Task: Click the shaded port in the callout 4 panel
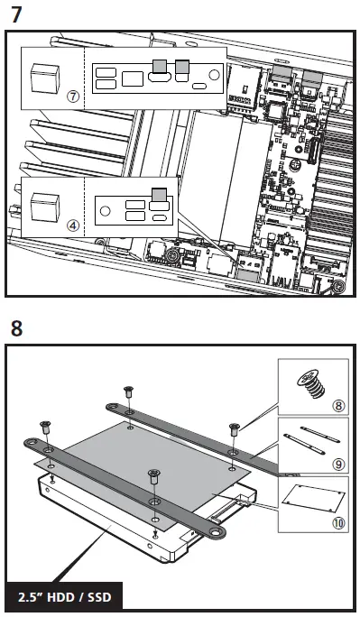coord(160,194)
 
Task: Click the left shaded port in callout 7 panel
coord(160,65)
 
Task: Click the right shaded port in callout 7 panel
coord(183,65)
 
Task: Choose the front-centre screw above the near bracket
coord(154,473)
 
